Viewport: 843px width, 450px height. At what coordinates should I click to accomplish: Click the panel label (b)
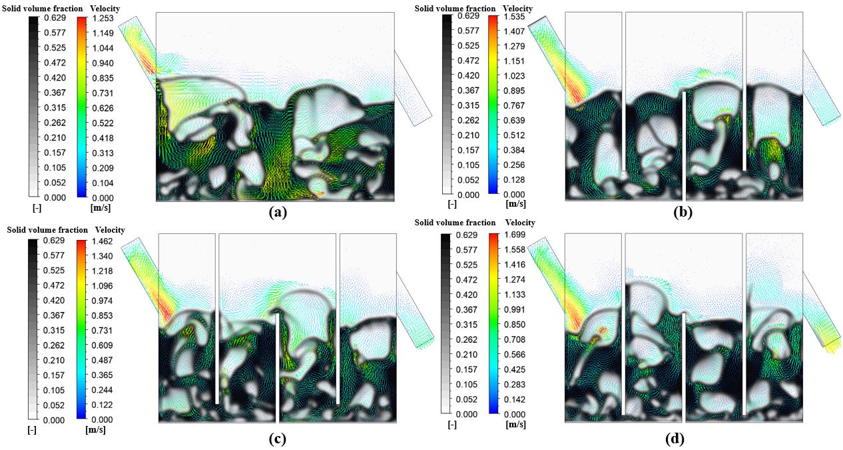tap(683, 213)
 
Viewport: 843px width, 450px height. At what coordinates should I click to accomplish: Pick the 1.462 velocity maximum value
tap(102, 241)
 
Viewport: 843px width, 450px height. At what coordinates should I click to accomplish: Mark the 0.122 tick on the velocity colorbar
tap(102, 405)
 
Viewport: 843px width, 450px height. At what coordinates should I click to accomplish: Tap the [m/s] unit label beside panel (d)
tap(515, 425)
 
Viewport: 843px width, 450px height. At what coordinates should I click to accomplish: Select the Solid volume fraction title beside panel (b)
tap(455, 9)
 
